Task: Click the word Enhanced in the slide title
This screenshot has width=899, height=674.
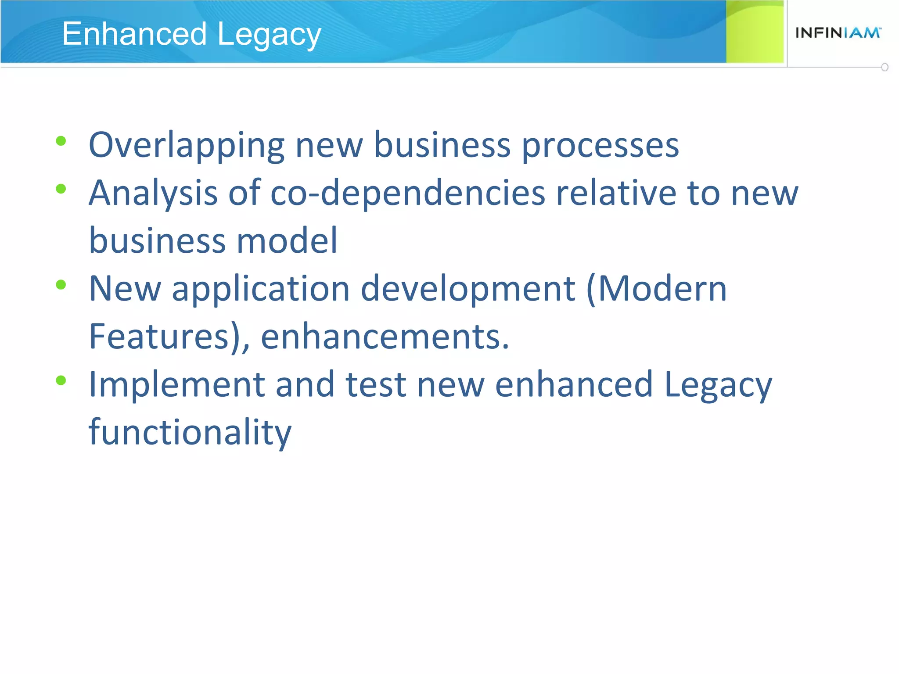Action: (x=134, y=34)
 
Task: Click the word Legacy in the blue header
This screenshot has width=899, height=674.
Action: (x=269, y=35)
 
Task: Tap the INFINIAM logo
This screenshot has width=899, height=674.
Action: (x=838, y=33)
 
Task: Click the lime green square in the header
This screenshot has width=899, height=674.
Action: (x=754, y=32)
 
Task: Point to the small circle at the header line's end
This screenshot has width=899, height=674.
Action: (x=885, y=67)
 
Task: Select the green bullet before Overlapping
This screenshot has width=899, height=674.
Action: (x=61, y=141)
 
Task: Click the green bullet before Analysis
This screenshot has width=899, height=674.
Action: (x=61, y=189)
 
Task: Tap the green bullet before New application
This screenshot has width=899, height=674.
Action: (x=61, y=285)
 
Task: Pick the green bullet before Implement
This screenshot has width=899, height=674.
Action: (x=61, y=380)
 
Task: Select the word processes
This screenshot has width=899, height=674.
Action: (x=600, y=146)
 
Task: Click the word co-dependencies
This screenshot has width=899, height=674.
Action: (x=408, y=193)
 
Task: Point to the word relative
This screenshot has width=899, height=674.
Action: (x=616, y=193)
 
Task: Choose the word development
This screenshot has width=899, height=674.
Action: (x=467, y=289)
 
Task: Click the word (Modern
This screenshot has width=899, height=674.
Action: (x=656, y=289)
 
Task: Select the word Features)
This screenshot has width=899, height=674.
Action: (x=169, y=337)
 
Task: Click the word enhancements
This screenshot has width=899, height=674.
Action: (x=385, y=337)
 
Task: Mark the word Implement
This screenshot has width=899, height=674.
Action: (x=176, y=384)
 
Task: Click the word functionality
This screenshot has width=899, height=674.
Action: (x=190, y=432)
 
